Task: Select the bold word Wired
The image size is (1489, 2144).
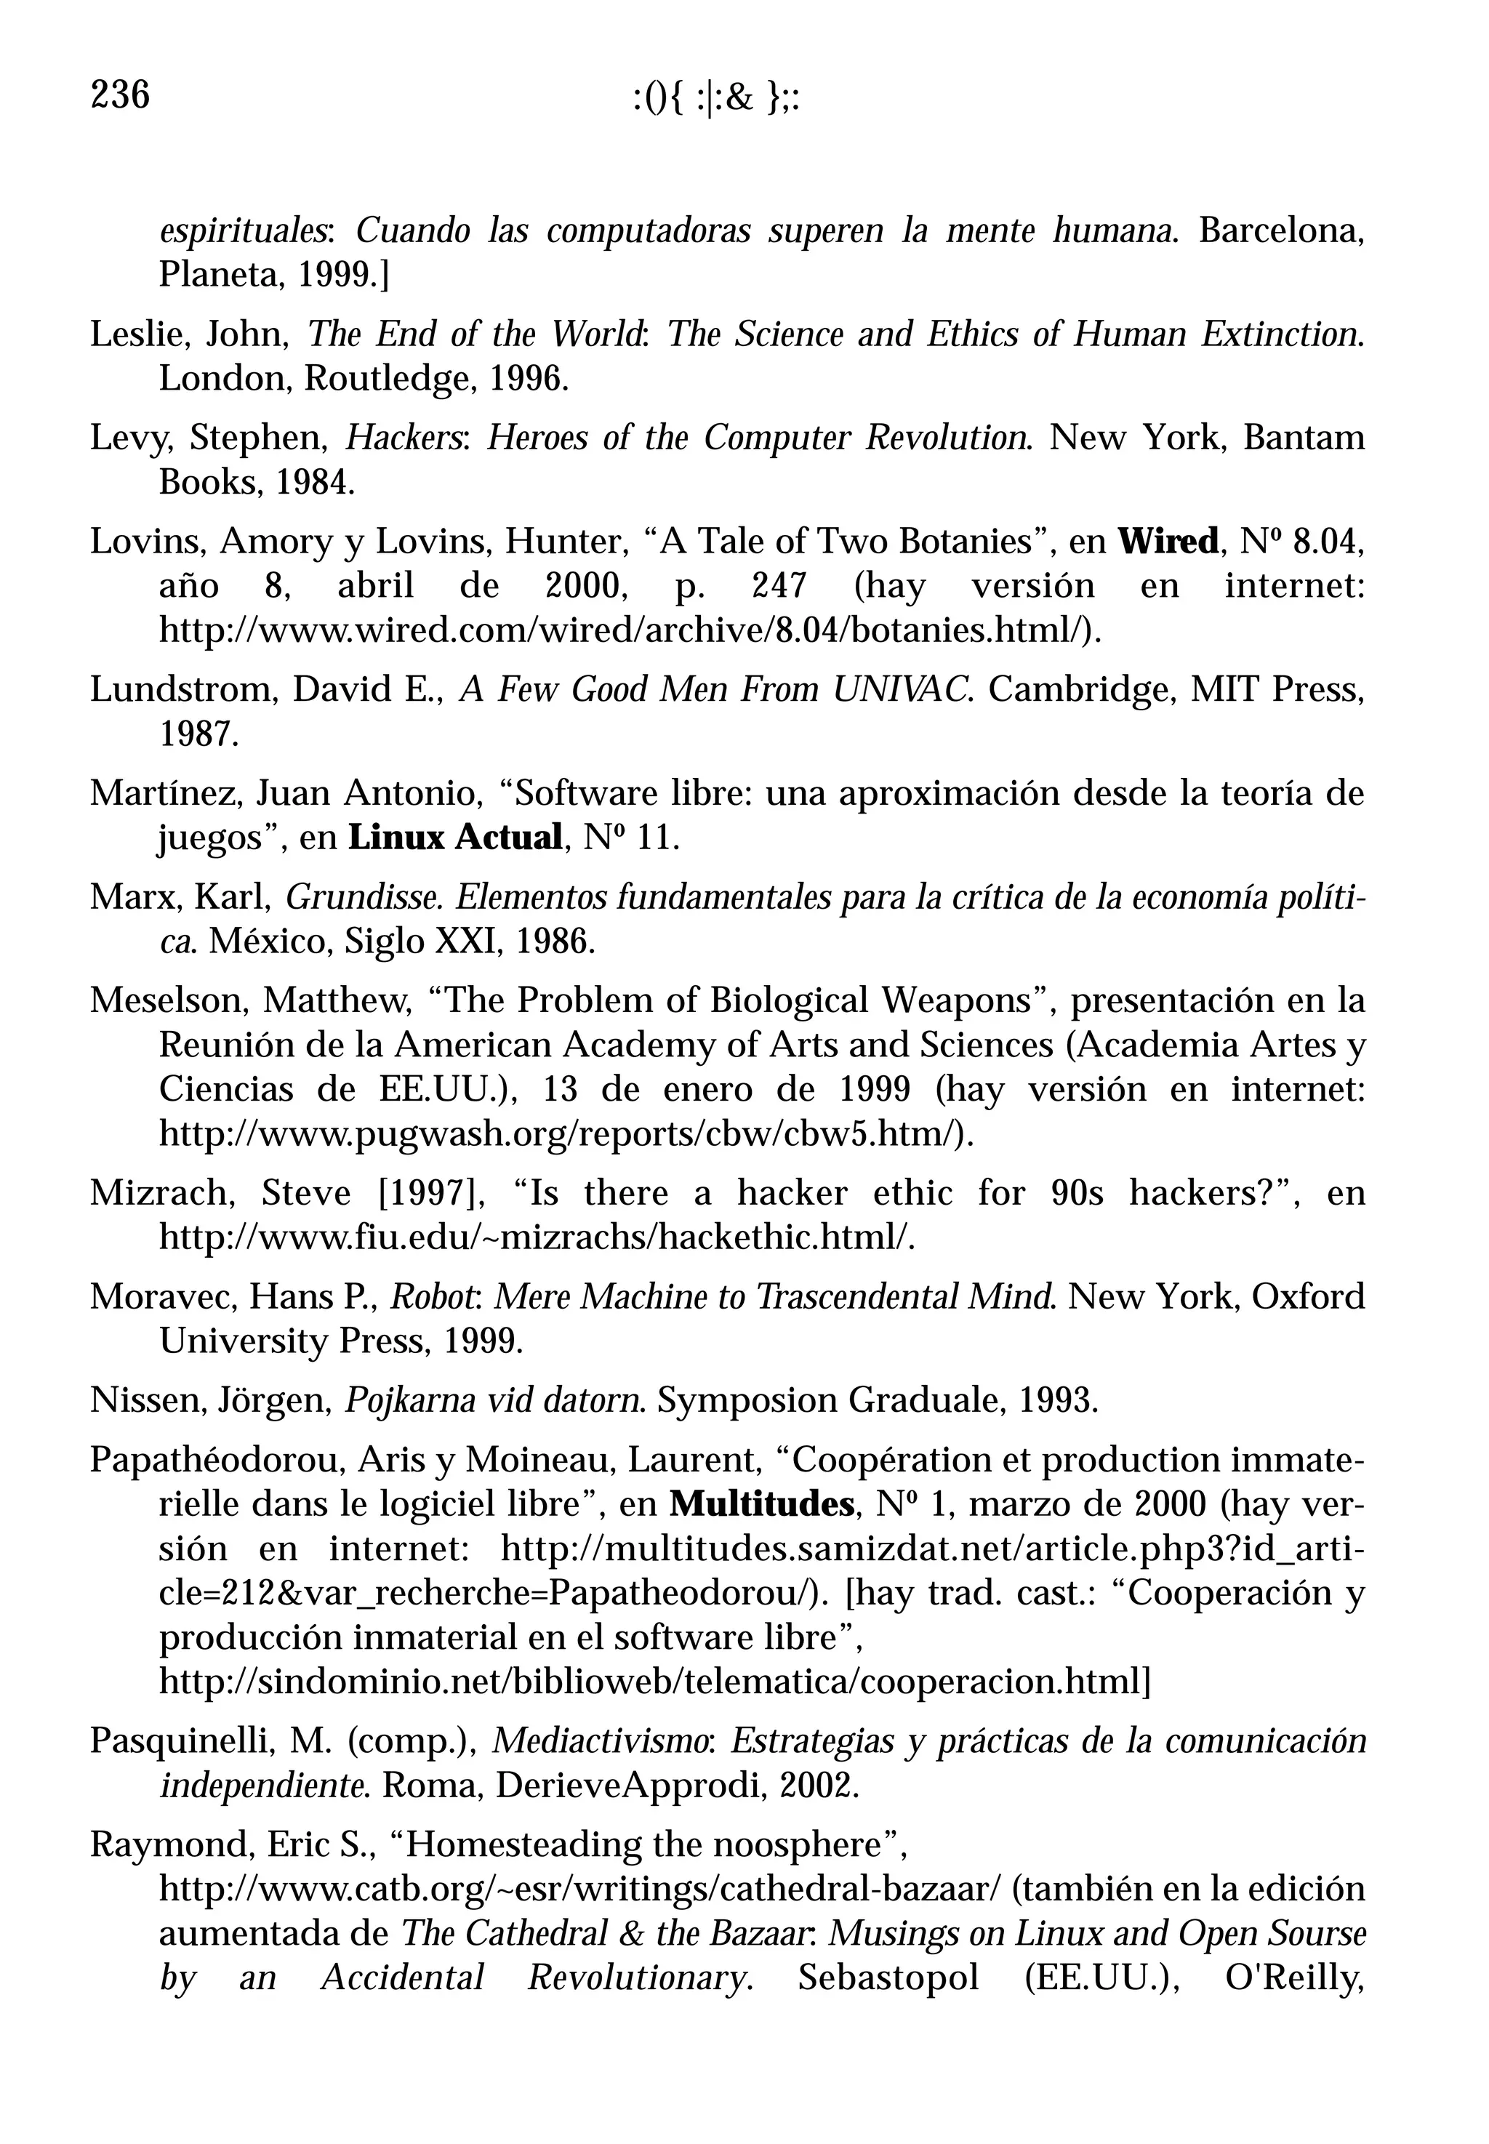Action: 1168,541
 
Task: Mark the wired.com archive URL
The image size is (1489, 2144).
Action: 630,631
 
